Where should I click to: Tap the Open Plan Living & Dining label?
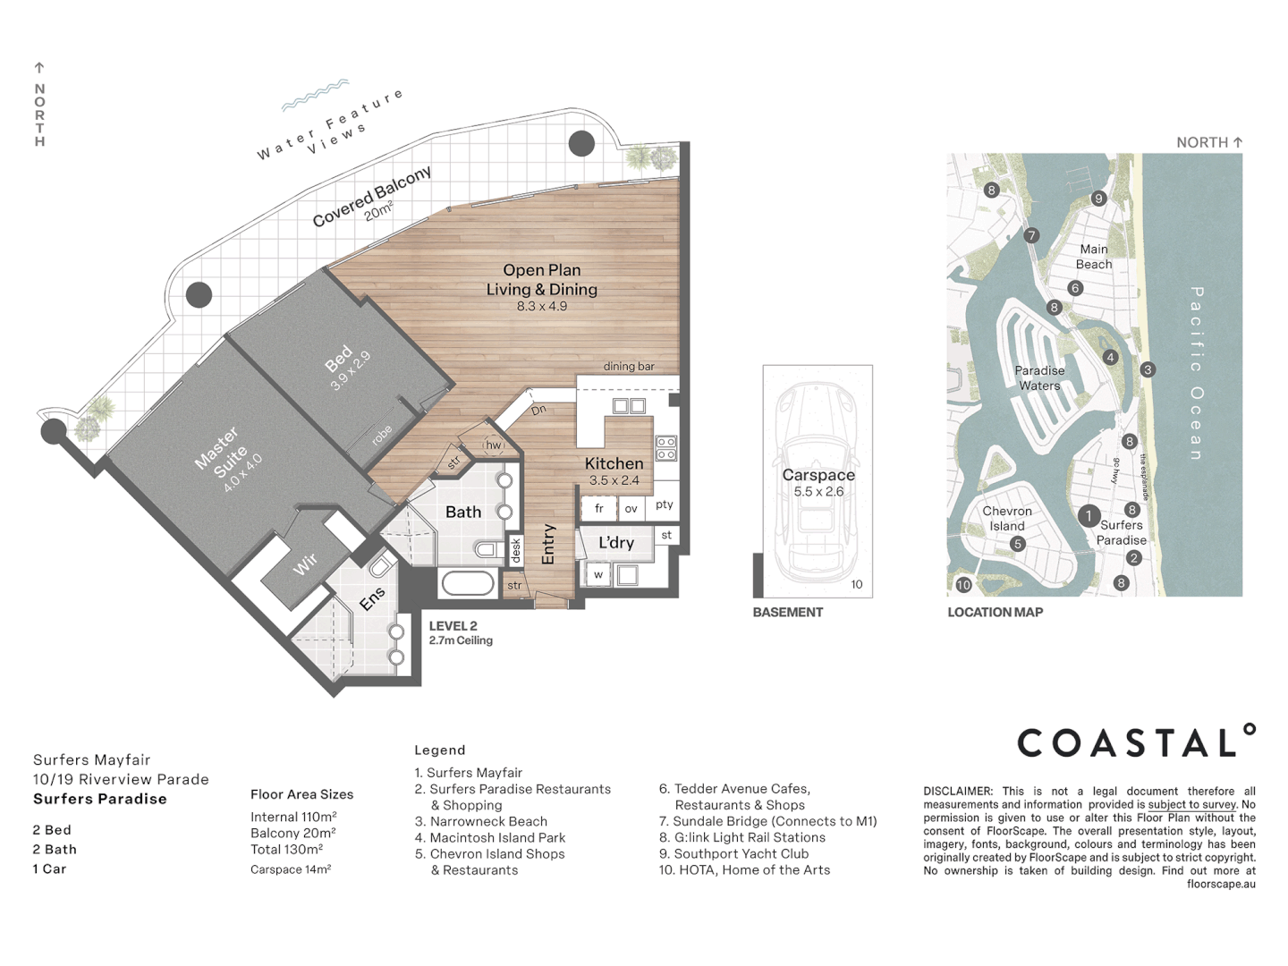point(541,279)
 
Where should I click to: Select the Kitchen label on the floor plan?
point(614,463)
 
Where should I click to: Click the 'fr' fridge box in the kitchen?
point(599,508)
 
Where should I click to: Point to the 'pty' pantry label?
point(664,504)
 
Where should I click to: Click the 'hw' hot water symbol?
point(494,445)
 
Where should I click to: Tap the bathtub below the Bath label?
point(468,584)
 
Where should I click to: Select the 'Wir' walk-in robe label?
point(305,563)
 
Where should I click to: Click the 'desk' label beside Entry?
point(516,550)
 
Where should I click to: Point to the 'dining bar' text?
point(629,366)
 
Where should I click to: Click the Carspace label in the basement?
point(818,475)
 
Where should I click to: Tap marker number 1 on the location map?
point(1089,515)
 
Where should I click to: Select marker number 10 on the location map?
point(963,585)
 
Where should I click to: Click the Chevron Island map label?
point(1007,519)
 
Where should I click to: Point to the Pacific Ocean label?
point(1197,373)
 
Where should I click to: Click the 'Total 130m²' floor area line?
point(286,849)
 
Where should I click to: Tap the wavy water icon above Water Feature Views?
point(315,94)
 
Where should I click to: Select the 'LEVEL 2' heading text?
point(453,626)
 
